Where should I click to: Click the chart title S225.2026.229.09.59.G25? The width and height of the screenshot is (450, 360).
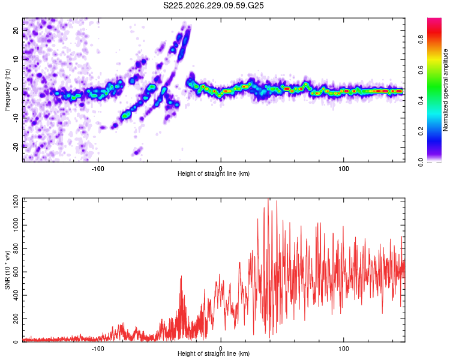click(213, 5)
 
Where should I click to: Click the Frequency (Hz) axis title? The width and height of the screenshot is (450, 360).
click(7, 90)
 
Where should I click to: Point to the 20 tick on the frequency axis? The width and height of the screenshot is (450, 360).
click(16, 30)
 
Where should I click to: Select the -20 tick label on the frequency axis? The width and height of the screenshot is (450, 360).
click(16, 148)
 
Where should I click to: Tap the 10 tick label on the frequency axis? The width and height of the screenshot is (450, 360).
click(16, 59)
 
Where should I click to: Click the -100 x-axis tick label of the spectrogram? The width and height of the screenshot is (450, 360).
click(98, 169)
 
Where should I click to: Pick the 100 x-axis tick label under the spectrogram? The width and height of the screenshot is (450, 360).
click(344, 169)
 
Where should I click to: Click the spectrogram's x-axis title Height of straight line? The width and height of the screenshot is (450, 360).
click(214, 173)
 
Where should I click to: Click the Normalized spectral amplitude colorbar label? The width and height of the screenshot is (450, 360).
click(445, 90)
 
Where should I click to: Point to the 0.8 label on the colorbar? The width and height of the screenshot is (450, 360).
click(421, 39)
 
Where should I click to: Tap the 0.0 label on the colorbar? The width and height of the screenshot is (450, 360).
click(421, 162)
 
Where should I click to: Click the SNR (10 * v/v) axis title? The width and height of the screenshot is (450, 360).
click(7, 270)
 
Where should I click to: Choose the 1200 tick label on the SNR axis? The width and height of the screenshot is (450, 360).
click(16, 202)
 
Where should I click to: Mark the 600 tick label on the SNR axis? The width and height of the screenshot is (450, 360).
click(16, 272)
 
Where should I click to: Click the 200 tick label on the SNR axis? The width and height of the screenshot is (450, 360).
click(16, 319)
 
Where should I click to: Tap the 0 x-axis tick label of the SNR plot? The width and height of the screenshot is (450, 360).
click(221, 349)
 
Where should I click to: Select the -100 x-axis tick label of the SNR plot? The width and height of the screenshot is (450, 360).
click(98, 349)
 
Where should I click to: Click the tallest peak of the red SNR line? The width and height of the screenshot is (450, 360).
click(268, 199)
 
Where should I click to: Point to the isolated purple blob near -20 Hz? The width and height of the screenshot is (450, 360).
click(137, 151)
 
